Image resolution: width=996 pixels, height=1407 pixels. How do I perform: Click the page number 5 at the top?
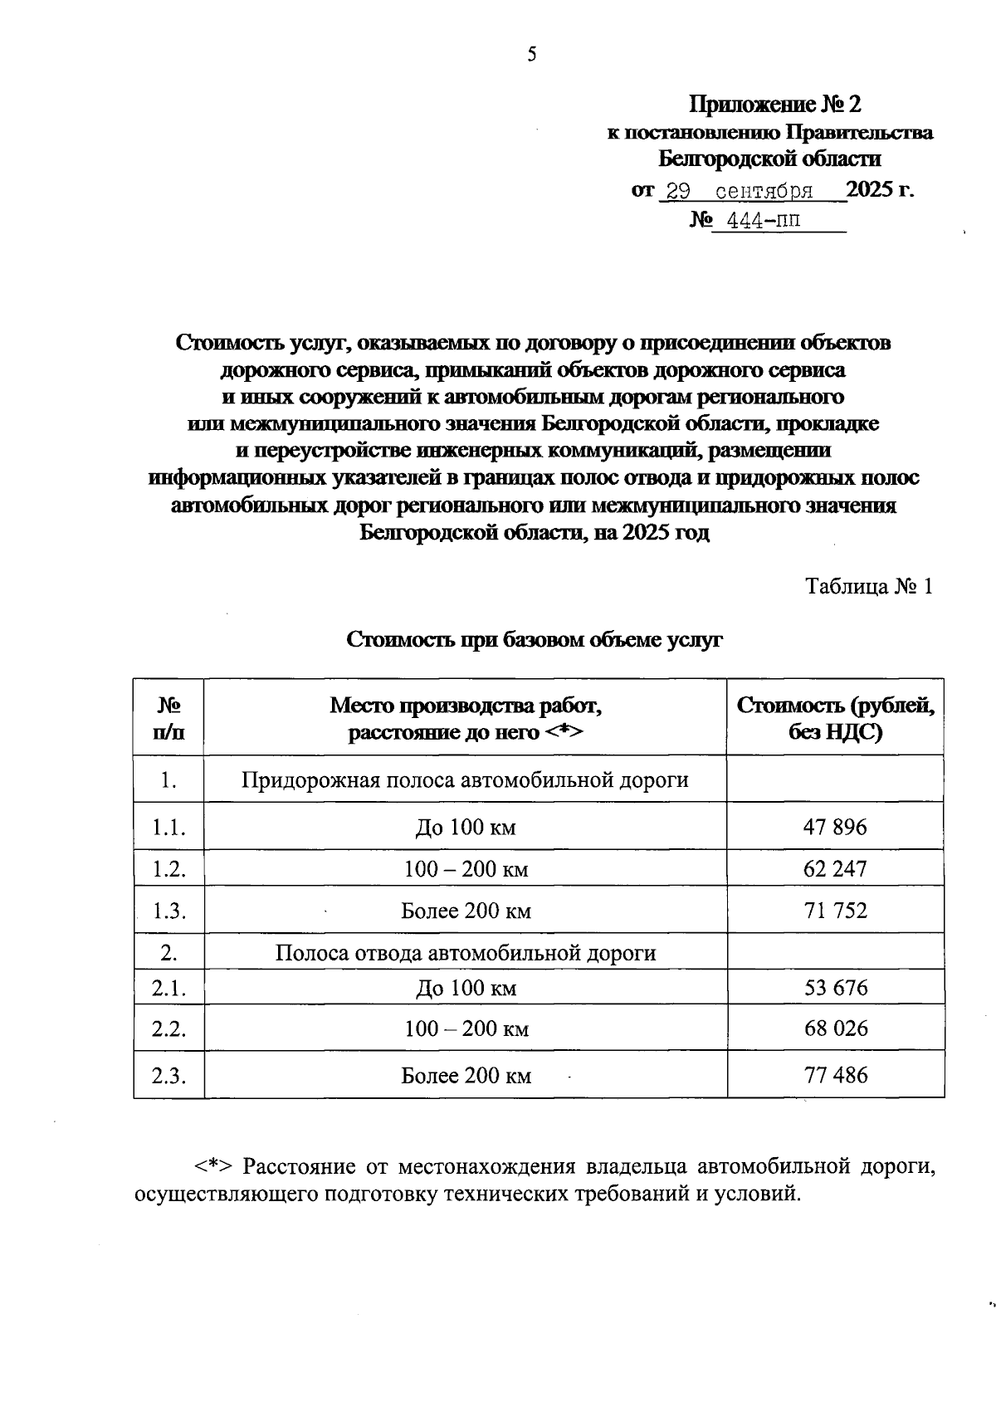click(x=532, y=55)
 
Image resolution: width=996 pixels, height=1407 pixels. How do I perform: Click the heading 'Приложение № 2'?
click(x=775, y=105)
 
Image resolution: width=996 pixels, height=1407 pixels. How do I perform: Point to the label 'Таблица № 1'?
click(x=870, y=587)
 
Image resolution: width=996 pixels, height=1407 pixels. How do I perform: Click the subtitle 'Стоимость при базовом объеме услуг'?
click(x=535, y=640)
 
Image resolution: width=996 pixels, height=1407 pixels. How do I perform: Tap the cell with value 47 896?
click(x=835, y=827)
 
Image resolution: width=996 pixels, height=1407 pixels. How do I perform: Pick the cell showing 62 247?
click(x=835, y=869)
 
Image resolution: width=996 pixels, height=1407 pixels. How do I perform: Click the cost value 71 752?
click(x=835, y=911)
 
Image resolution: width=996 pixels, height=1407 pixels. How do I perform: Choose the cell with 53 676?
click(x=835, y=988)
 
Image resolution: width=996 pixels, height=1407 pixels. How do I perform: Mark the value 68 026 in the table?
click(x=835, y=1028)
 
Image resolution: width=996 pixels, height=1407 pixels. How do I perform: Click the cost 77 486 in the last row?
click(x=835, y=1076)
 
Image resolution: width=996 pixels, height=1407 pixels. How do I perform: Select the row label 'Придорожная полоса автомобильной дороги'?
click(x=465, y=780)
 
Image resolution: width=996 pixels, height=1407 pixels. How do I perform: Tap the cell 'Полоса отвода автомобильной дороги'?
click(x=465, y=953)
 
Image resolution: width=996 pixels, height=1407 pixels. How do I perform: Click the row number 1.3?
click(x=168, y=911)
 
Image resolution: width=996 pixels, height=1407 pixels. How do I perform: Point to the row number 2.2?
click(x=168, y=1029)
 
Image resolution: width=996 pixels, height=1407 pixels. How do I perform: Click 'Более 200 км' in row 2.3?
click(x=466, y=1077)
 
